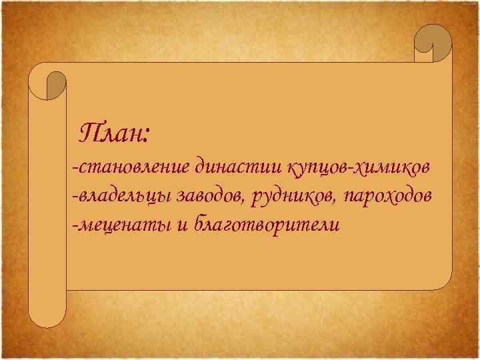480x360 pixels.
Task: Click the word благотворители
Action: coord(267,225)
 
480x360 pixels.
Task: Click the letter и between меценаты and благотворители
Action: coord(182,226)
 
